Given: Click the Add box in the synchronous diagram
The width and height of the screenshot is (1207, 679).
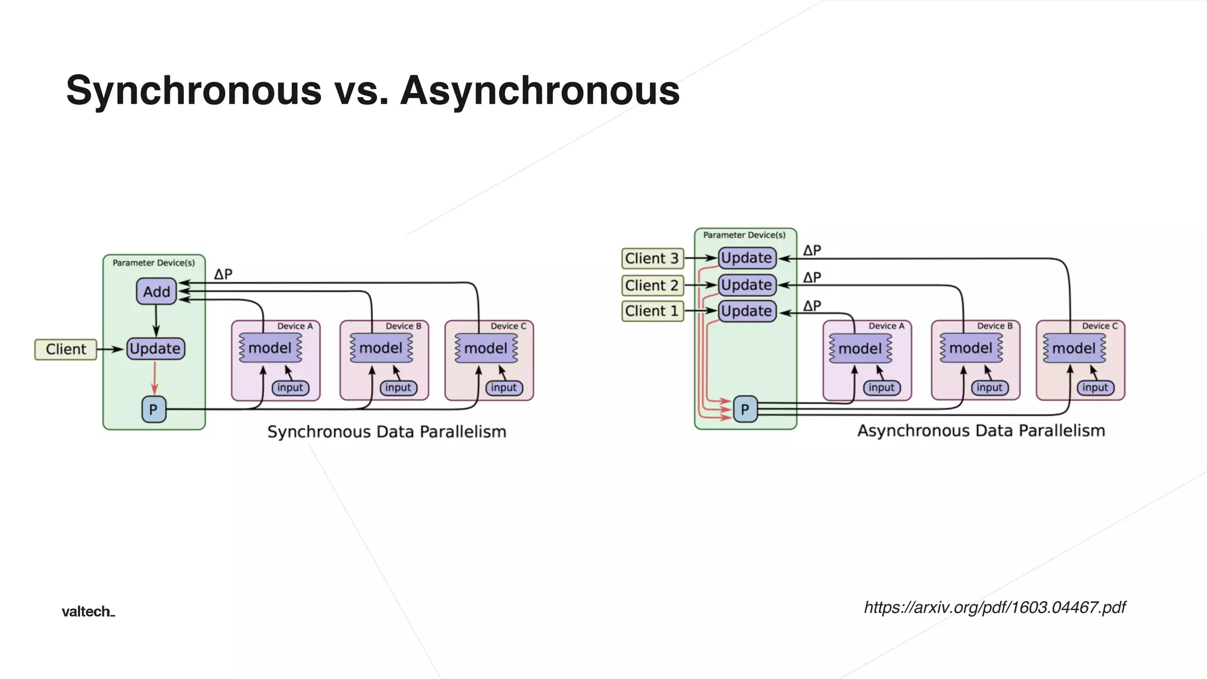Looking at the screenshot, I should tap(156, 291).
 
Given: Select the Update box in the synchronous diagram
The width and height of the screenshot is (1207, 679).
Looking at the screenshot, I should tap(156, 348).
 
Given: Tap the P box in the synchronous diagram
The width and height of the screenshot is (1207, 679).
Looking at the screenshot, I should tap(154, 409).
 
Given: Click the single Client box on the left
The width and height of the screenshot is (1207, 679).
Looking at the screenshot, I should tap(65, 349).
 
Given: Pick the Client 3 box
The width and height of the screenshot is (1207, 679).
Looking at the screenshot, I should tap(652, 258).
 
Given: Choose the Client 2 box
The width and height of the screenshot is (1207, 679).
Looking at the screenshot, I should tap(652, 285).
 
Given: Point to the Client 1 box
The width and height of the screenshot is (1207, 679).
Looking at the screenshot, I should tap(652, 311).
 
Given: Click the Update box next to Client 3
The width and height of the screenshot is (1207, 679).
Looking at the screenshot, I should tap(747, 258).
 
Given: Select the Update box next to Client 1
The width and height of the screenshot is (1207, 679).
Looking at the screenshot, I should tap(747, 311).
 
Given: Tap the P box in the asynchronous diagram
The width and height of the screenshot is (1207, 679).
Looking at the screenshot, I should tap(745, 409).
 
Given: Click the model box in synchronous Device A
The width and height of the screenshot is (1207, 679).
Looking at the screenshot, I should tap(271, 348).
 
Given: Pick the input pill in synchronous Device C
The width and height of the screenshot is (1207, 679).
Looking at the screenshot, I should tap(504, 387).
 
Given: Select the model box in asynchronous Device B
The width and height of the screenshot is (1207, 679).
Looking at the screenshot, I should tap(971, 348).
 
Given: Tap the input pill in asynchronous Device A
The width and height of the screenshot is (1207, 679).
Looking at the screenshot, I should tap(882, 387).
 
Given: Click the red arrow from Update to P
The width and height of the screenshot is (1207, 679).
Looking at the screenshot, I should tap(154, 377).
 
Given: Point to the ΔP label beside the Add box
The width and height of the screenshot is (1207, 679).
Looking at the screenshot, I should tap(223, 274).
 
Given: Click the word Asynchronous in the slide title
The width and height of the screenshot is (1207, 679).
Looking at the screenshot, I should tap(540, 91).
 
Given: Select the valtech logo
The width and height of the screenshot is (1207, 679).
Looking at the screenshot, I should tap(88, 611).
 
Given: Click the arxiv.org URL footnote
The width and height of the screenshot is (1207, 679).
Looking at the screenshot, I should tap(995, 607).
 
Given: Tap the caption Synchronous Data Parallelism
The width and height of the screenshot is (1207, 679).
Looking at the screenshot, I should tap(387, 431).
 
